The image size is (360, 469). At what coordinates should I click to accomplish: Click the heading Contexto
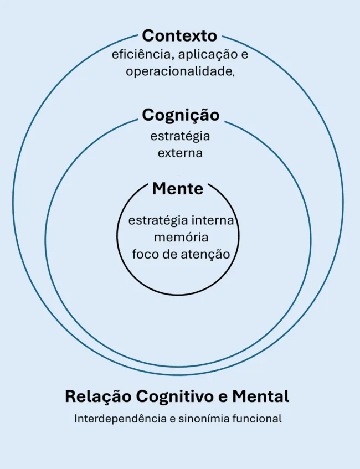179,35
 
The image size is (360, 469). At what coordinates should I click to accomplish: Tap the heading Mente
178,189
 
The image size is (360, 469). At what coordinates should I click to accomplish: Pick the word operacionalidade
178,72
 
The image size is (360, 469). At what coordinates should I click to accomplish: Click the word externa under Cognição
180,153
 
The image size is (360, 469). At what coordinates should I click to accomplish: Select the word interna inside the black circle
213,220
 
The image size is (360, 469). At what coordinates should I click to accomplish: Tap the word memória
181,237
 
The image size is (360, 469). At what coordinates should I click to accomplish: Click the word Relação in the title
98,397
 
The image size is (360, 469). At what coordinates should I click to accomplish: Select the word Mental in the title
261,396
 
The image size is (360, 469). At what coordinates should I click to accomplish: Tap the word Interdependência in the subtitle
121,419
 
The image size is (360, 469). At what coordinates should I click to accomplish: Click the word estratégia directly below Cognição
180,136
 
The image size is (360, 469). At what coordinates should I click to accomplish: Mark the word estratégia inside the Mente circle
158,221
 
